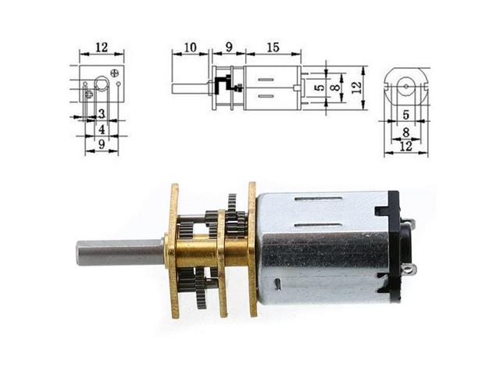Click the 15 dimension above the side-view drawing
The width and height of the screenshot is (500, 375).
(x=273, y=48)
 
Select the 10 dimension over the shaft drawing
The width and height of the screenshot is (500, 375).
(x=190, y=48)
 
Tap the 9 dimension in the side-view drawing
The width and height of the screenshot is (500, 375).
(x=228, y=48)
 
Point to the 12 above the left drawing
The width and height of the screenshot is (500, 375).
(x=101, y=47)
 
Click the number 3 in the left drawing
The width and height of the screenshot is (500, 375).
(x=102, y=114)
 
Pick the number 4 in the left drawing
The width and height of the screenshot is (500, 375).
(x=102, y=129)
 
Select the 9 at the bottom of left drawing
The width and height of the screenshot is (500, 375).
(x=102, y=145)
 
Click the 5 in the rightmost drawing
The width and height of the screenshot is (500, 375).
(x=405, y=115)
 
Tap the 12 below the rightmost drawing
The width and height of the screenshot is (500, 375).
(x=405, y=146)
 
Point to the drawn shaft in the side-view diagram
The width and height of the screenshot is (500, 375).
(x=190, y=87)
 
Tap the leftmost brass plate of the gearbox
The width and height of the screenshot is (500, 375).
(x=173, y=251)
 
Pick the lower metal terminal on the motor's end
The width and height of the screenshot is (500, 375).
(x=409, y=270)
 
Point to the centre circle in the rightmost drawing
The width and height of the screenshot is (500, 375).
(x=405, y=85)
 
